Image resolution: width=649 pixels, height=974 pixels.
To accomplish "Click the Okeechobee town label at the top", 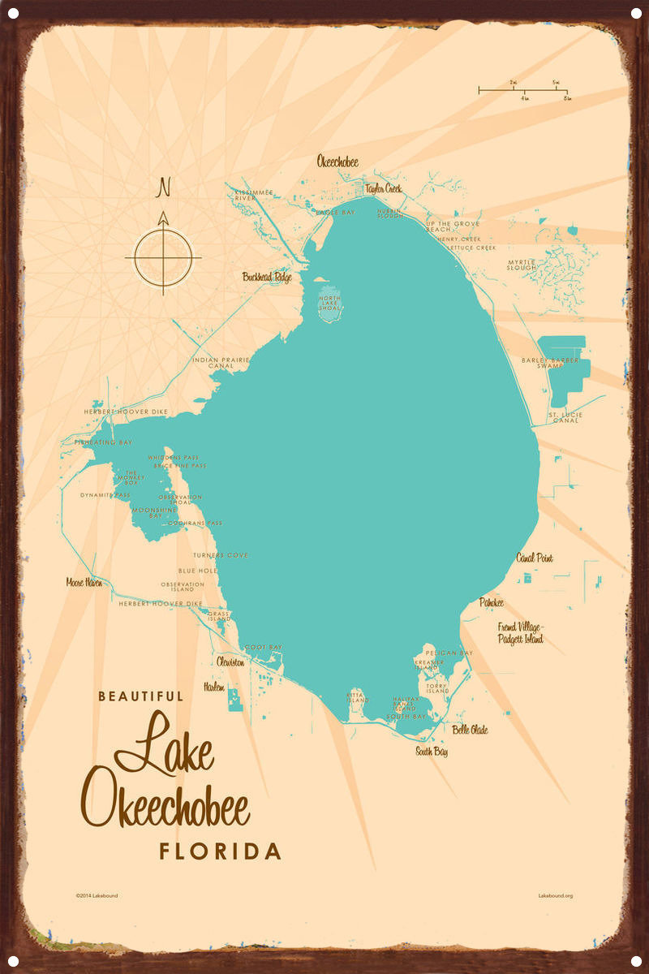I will coord(337,162).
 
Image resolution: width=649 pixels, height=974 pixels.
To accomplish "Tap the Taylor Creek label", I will coord(383,188).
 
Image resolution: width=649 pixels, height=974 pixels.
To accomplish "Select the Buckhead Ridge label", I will coord(267,277).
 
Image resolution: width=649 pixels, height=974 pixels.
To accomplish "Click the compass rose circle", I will coord(163,257).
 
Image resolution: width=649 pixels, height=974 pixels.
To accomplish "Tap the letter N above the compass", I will coord(164,188).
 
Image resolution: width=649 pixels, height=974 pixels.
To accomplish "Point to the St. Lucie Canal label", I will coord(565,418).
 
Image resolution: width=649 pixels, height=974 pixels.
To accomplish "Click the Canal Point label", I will coord(535,558).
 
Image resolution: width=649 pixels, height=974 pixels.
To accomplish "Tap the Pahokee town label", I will coord(491,602).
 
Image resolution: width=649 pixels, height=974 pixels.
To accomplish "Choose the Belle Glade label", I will coord(470,730).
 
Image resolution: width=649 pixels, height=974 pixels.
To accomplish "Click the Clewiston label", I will coord(230,662).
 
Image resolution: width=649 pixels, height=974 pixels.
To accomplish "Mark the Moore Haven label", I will coord(84,582).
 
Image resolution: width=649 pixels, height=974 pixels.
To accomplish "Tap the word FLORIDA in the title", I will coord(220,851).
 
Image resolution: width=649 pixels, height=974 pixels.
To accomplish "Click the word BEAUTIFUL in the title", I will coord(141,696).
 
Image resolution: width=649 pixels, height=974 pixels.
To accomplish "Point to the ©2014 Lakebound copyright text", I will coord(97,896).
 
